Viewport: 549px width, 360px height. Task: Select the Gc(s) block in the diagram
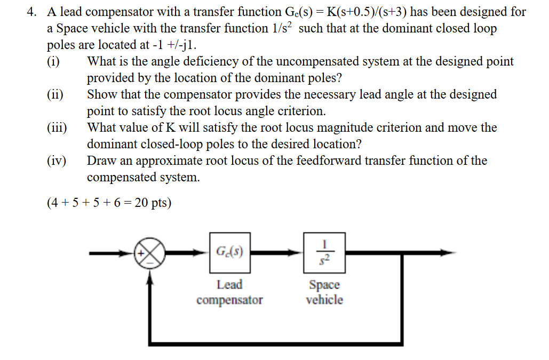[230, 251]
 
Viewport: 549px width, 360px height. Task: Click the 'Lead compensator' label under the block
[229, 292]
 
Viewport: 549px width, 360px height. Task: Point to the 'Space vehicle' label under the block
[324, 292]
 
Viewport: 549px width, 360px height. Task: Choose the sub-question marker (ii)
[54, 94]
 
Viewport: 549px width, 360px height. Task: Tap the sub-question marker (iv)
[56, 161]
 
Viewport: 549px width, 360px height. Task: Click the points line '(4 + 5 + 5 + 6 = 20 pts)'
[109, 203]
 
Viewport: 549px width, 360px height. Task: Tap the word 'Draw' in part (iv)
[101, 161]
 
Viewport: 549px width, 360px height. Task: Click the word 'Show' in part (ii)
[101, 94]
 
